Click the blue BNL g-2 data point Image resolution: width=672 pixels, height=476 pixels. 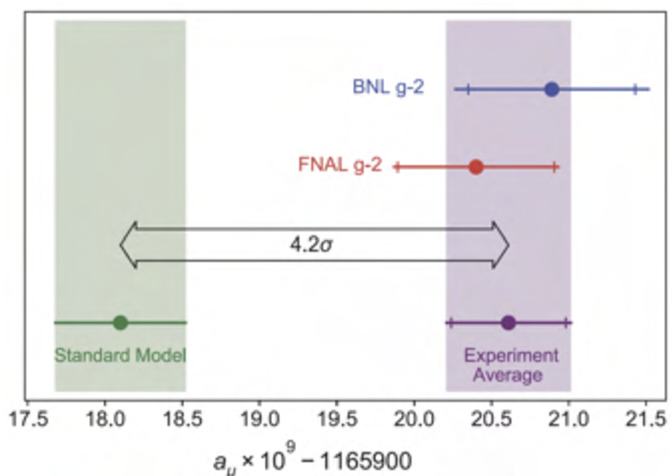(x=551, y=90)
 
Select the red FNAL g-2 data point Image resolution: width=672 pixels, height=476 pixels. (x=476, y=167)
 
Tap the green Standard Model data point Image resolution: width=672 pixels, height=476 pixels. (x=120, y=323)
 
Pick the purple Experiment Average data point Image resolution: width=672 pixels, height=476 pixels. (x=508, y=323)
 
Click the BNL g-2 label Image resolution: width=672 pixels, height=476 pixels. (x=388, y=87)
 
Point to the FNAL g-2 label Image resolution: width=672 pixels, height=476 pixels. (x=339, y=165)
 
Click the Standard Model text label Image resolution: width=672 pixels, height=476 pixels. (x=120, y=355)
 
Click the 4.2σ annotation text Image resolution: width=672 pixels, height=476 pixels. (x=311, y=245)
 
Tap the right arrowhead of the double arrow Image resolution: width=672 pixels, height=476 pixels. (x=501, y=245)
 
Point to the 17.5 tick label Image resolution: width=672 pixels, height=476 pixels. (x=28, y=419)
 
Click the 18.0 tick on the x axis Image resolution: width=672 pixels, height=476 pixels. (x=105, y=419)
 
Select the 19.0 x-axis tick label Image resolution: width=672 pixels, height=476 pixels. (x=259, y=419)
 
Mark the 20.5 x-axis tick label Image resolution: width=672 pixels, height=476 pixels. (x=492, y=419)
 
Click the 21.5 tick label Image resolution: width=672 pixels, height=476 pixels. (x=646, y=419)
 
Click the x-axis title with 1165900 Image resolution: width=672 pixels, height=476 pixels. (x=313, y=460)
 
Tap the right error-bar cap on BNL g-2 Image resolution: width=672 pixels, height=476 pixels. (x=635, y=90)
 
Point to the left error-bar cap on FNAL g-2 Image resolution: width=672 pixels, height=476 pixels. (x=397, y=167)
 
